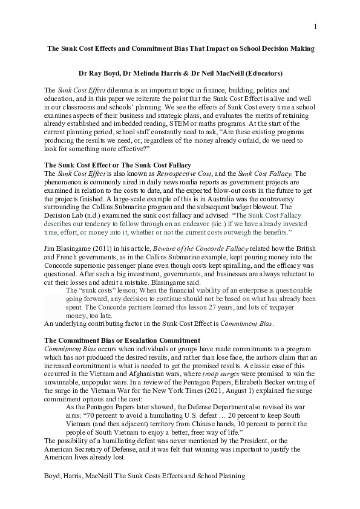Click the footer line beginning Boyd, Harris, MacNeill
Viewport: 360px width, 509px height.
point(145,476)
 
